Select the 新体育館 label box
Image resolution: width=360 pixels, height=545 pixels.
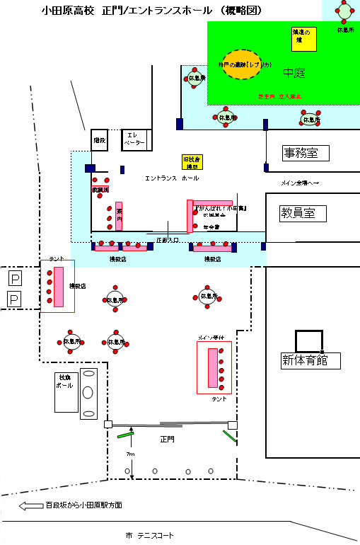tap(308, 361)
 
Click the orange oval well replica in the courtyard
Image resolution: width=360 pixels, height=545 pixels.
tap(240, 64)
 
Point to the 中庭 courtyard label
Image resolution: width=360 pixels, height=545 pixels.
tap(294, 72)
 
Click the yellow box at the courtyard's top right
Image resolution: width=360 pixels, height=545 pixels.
tap(302, 38)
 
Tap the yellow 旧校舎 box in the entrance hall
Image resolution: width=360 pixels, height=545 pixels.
tap(190, 162)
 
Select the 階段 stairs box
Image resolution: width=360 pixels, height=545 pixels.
tap(98, 141)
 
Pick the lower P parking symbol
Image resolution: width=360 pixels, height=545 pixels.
tap(13, 299)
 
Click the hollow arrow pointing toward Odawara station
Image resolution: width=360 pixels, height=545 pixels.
tap(31, 505)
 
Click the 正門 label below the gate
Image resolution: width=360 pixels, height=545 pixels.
tap(167, 439)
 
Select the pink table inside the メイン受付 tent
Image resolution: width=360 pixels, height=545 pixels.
tap(213, 367)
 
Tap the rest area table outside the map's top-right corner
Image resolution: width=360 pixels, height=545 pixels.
tap(344, 13)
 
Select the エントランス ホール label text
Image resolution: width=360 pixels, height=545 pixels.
tap(171, 179)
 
